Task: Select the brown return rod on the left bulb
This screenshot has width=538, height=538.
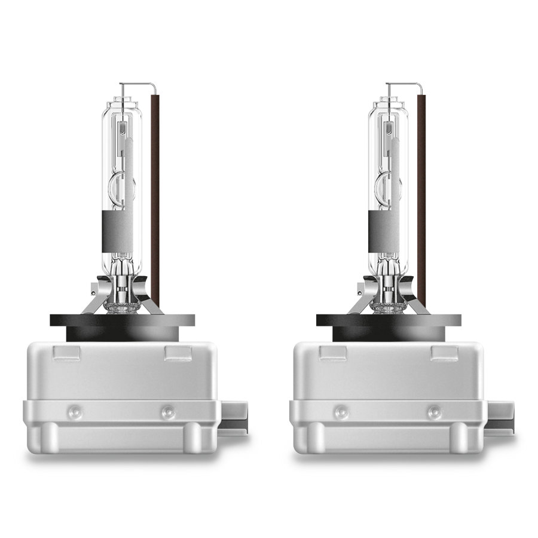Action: pyautogui.click(x=157, y=197)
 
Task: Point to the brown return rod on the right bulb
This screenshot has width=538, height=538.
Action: pyautogui.click(x=422, y=197)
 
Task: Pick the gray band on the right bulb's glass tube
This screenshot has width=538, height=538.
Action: pyautogui.click(x=388, y=230)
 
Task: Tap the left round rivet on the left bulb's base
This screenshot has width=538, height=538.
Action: pyautogui.click(x=74, y=412)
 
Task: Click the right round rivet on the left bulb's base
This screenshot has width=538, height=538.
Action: pyautogui.click(x=168, y=412)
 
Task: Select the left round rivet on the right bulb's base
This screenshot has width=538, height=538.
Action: pyautogui.click(x=341, y=412)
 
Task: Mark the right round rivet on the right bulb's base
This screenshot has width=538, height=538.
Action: pyautogui.click(x=435, y=412)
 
